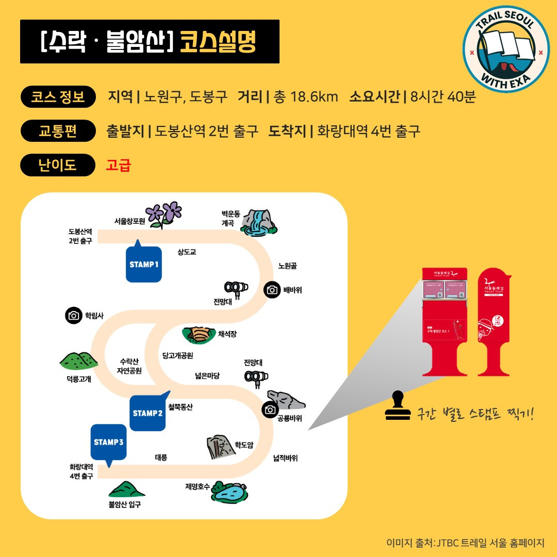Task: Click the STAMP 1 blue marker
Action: (143, 264)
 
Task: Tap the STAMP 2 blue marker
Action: (148, 413)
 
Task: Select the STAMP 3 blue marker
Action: (108, 442)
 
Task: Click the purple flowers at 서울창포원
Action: (164, 214)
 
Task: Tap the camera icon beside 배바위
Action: (272, 290)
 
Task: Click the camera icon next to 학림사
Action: (74, 316)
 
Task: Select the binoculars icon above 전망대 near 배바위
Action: (236, 288)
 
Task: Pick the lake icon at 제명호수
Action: (230, 493)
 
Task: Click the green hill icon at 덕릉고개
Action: (78, 361)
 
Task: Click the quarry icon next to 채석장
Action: (199, 335)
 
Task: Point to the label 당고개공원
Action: (177, 356)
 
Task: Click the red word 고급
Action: (118, 166)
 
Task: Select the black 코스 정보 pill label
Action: (58, 96)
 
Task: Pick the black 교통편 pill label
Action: (58, 131)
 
